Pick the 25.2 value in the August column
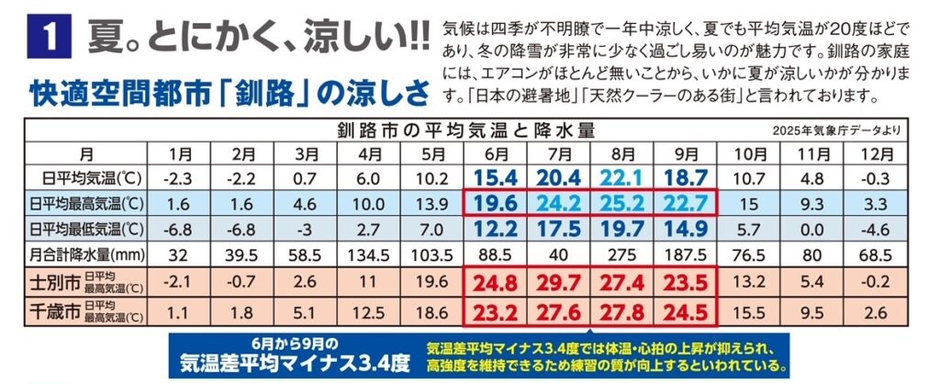[x=623, y=199]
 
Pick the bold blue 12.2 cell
[x=497, y=225]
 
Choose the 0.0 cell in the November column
[x=812, y=225]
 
